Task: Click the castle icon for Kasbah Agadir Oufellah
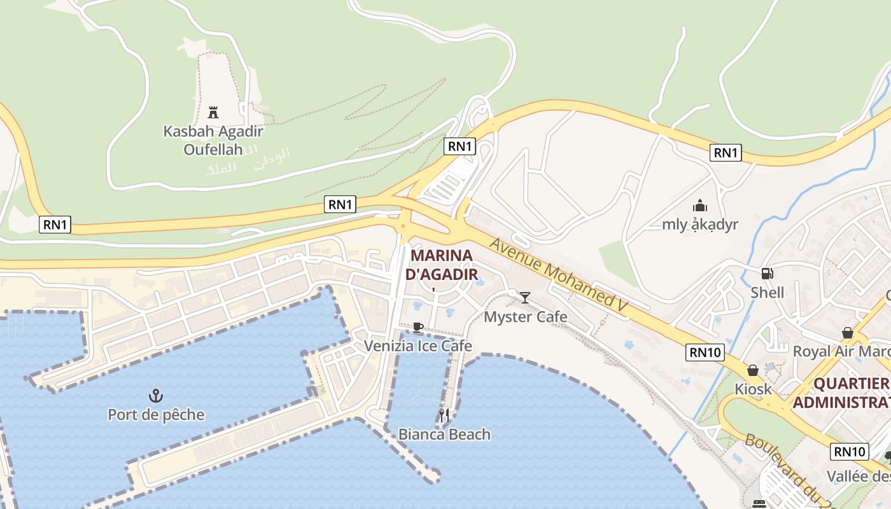[213, 113]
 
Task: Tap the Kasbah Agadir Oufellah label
[213, 141]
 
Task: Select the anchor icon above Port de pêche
[156, 396]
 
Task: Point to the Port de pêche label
[156, 415]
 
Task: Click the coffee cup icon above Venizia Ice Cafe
[417, 328]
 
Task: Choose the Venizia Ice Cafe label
[417, 345]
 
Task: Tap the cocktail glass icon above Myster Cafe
[525, 297]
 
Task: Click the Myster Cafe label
[526, 316]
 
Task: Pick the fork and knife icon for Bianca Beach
[444, 415]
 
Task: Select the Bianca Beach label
[444, 435]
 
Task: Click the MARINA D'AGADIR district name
[442, 265]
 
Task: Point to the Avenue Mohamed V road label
[559, 275]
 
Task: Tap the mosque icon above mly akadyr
[700, 206]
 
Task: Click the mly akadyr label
[700, 224]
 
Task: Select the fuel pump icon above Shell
[767, 274]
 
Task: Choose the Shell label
[767, 293]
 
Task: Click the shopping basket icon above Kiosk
[753, 370]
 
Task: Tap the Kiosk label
[753, 389]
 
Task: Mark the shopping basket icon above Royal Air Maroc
[847, 333]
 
